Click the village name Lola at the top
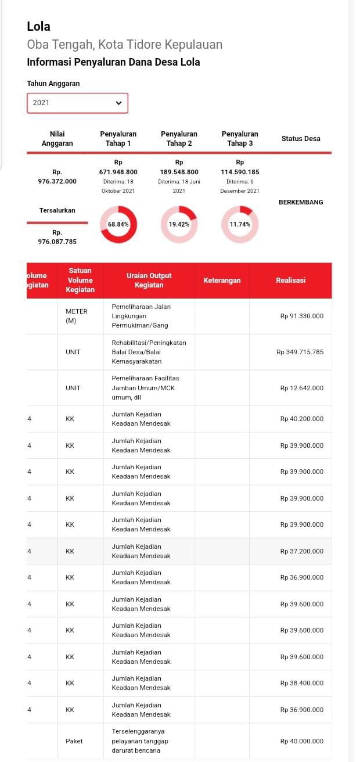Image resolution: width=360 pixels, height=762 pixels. [x=38, y=27]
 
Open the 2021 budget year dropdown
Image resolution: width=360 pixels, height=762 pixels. [x=77, y=103]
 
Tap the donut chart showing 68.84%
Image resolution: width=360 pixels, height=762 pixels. [x=118, y=224]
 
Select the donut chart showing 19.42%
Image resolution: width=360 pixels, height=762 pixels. [x=179, y=224]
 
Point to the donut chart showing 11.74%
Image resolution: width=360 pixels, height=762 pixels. [x=240, y=224]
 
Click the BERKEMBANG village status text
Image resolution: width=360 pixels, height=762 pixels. [x=301, y=202]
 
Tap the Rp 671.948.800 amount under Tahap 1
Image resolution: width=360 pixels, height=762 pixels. [x=118, y=172]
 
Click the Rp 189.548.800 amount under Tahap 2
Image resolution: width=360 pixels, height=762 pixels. [x=179, y=172]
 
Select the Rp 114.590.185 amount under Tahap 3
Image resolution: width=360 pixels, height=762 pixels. [x=240, y=172]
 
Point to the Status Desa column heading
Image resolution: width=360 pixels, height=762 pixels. [x=301, y=139]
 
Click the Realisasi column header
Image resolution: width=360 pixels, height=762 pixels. [x=290, y=281]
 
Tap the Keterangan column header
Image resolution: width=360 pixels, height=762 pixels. [x=222, y=281]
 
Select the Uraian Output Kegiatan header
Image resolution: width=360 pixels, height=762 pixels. [x=149, y=281]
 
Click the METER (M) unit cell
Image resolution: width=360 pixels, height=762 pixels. [x=76, y=316]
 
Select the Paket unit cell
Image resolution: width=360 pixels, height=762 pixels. [x=74, y=741]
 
